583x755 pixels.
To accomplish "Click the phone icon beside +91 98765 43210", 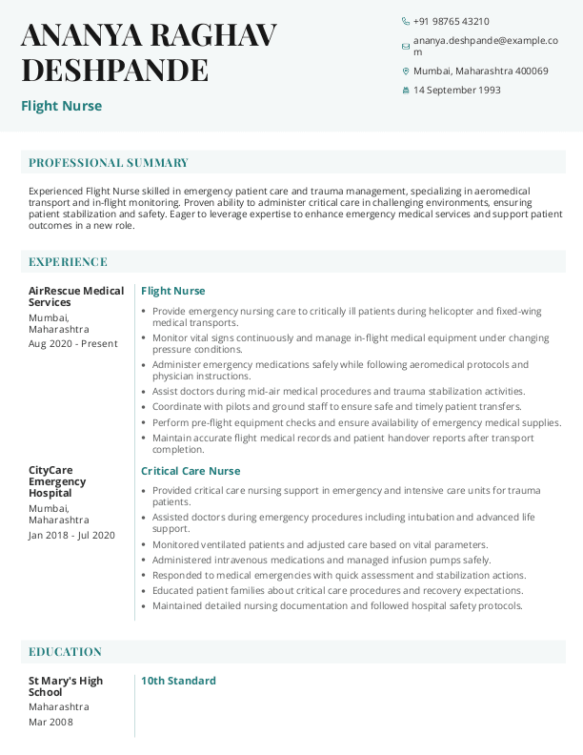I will [406, 21].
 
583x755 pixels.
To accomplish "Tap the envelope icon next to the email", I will [406, 46].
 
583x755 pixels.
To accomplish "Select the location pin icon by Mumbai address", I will [406, 71].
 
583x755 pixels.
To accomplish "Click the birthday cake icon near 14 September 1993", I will [406, 91].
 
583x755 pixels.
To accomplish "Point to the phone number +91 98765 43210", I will [452, 21].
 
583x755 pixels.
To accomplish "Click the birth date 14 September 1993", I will [456, 91].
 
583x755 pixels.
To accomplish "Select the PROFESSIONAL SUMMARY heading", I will [109, 163].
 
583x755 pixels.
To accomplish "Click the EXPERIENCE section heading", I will [68, 262].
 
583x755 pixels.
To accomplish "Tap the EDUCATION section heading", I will [65, 652].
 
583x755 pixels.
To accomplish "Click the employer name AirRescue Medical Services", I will [76, 296].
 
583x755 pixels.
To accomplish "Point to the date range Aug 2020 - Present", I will [73, 344].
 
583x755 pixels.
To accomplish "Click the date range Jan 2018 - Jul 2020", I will [71, 536].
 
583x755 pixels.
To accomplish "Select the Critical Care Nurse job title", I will [191, 471].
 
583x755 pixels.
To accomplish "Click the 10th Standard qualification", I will [178, 681].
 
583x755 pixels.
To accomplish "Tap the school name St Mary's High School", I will [66, 686].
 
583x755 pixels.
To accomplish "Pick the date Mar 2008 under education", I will [50, 723].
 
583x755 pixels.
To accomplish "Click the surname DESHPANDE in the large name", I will [114, 71].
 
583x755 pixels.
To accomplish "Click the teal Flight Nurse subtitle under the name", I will [61, 106].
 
